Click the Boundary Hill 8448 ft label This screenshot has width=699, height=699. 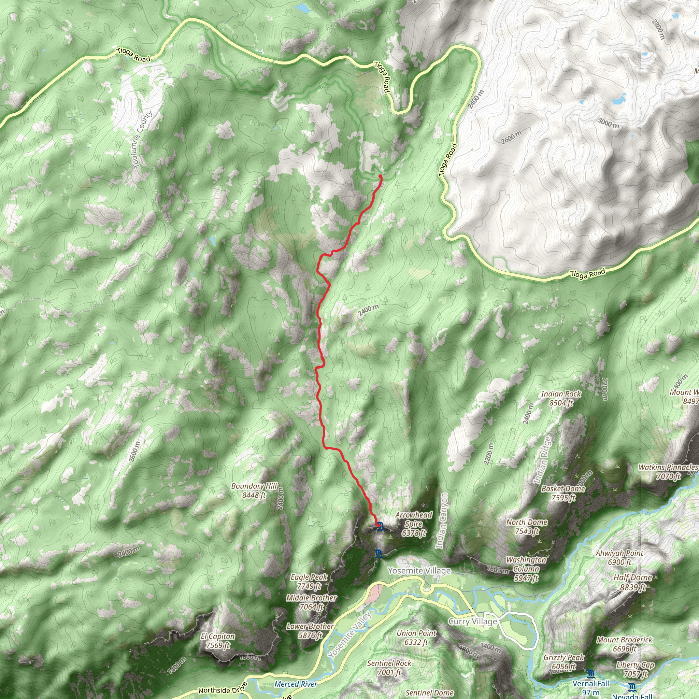click(254, 490)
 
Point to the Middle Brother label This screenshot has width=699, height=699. click(311, 602)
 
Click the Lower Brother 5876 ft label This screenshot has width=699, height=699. click(310, 631)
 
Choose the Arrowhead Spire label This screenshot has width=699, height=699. click(414, 524)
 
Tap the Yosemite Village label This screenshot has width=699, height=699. click(419, 571)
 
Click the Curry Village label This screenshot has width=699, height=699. click(472, 622)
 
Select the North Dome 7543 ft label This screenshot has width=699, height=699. click(526, 526)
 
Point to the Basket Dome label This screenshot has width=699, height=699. click(563, 493)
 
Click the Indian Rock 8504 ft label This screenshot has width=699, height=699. click(561, 398)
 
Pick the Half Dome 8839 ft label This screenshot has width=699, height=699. click(632, 582)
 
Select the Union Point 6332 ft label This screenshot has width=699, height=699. click(416, 638)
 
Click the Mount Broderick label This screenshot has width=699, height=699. click(624, 644)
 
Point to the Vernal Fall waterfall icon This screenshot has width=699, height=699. click(591, 674)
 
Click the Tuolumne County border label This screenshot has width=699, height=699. click(143, 140)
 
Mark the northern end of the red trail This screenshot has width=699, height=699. click(381, 176)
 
